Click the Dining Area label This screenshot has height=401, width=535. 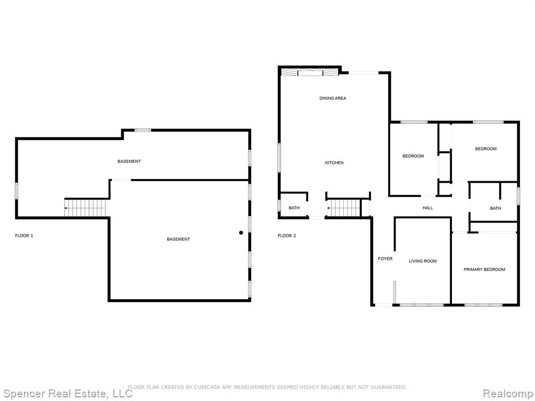point(333,98)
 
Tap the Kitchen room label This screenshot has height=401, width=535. point(334,163)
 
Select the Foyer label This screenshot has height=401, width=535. point(385,258)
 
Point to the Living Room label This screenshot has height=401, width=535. point(423,261)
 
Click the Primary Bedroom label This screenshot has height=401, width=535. point(484,269)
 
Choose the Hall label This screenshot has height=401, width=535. point(428,208)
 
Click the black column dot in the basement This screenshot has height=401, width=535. point(241,232)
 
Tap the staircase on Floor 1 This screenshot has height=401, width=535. point(85,208)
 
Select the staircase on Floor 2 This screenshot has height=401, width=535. point(344,208)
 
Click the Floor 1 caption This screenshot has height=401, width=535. point(24,235)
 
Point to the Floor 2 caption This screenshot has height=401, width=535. point(287,235)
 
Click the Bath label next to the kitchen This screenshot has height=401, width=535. point(294,208)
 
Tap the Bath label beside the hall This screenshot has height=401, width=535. point(495,208)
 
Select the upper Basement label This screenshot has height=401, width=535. point(129,161)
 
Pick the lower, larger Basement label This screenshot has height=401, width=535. point(178,239)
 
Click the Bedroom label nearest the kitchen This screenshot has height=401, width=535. point(413,156)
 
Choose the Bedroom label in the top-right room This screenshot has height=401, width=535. point(486,149)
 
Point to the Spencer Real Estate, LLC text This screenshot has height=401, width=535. point(67,394)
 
